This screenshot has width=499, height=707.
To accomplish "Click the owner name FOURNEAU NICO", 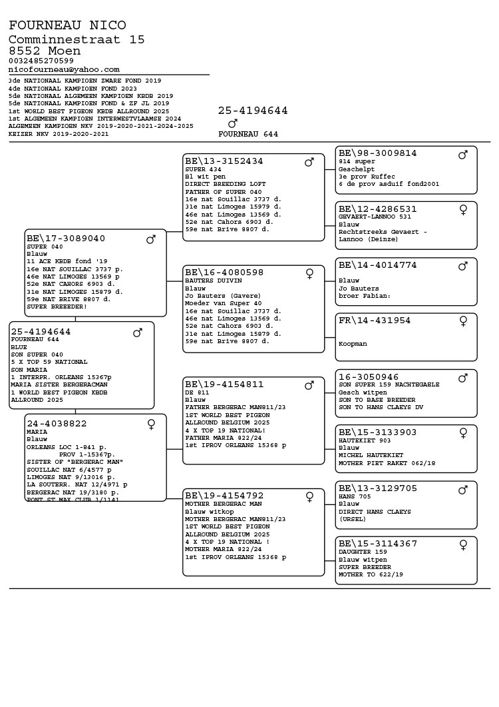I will point(67,25).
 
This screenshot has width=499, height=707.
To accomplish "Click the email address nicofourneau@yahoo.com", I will point(64,69).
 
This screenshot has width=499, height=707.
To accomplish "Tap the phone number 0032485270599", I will point(41,61).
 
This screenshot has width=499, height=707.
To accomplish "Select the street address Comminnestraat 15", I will point(77,40).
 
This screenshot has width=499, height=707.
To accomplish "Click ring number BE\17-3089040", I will point(66,239).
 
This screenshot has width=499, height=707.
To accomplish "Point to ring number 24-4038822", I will point(57,424).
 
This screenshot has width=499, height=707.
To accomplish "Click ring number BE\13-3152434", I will point(224,161).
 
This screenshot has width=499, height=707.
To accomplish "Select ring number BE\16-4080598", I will point(224,273).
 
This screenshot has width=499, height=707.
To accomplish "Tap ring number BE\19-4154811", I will point(224,384).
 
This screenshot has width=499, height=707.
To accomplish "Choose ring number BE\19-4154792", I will point(224,496).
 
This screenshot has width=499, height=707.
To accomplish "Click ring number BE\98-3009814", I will point(377,153).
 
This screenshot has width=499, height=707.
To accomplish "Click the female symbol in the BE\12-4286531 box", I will point(463,209).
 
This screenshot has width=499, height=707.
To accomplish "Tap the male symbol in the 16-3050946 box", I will point(463,378).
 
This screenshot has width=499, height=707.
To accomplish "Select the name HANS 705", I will point(353,496).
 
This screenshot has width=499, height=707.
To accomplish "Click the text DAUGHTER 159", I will point(359,552).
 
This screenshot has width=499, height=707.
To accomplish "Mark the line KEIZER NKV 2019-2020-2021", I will point(59,134).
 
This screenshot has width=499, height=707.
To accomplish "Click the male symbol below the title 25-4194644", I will point(232,123).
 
